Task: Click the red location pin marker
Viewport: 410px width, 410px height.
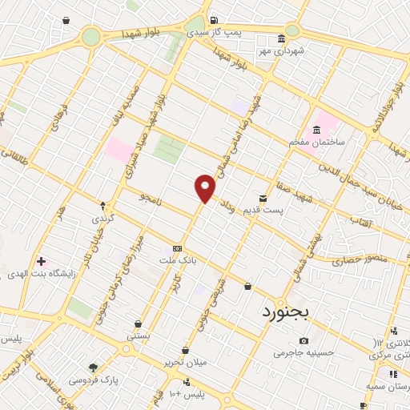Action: [x=206, y=189]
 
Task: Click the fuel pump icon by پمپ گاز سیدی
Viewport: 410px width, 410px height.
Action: [x=212, y=21]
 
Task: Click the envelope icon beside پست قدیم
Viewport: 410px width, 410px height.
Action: [x=263, y=198]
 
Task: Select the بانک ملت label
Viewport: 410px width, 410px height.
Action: [x=178, y=261]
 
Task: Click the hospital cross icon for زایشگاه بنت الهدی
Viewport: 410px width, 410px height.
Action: [x=41, y=260]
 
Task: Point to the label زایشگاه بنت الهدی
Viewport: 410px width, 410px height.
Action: [x=40, y=272]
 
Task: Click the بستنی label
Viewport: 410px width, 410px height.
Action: [x=138, y=336]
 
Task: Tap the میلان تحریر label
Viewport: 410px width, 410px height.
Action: [x=187, y=362]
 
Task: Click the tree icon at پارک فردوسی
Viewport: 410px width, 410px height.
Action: [x=94, y=368]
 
